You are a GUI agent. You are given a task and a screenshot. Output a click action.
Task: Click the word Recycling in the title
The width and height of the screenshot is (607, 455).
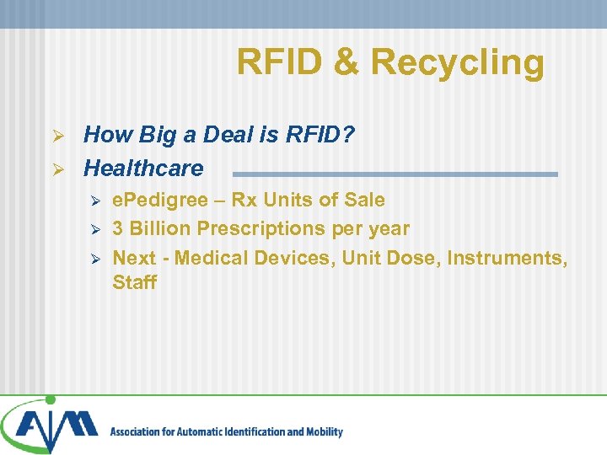pos(457,63)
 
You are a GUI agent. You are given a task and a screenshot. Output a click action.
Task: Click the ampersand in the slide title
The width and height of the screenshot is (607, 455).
pos(345,62)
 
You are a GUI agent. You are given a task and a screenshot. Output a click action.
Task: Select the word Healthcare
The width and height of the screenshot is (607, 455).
pos(143,168)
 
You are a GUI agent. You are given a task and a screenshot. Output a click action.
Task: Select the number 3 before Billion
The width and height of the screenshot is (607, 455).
pos(118,228)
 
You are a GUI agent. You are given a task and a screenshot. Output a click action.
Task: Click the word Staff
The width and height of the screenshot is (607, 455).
pos(134,282)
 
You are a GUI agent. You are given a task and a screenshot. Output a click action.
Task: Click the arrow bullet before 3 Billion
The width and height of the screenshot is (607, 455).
pos(95,229)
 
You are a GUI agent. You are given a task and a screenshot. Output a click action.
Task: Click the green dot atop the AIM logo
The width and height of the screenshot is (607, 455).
pos(50,400)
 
